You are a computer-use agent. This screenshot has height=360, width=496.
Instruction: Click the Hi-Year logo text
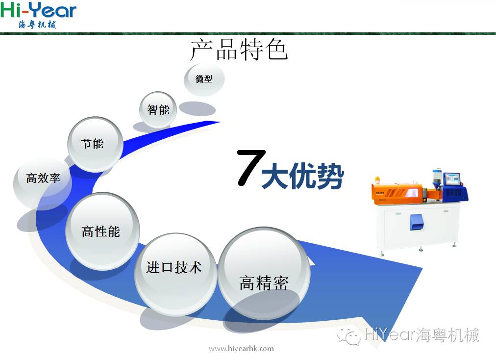[38, 10]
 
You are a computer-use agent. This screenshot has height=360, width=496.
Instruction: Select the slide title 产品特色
[239, 50]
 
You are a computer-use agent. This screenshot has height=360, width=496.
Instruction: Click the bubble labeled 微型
[204, 79]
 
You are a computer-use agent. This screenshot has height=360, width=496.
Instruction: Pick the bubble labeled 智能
[158, 110]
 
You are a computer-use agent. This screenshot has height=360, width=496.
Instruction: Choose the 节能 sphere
[95, 144]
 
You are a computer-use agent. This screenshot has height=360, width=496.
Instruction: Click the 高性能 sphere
[102, 231]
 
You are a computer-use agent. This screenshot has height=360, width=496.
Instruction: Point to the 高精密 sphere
[264, 274]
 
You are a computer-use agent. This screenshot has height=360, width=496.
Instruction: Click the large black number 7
[251, 168]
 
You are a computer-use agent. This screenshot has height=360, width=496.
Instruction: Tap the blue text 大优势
[302, 177]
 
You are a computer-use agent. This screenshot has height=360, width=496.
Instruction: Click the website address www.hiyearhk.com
[241, 349]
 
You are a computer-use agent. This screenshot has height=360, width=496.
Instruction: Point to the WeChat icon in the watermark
[348, 336]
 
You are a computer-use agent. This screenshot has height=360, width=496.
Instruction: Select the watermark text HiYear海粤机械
[422, 335]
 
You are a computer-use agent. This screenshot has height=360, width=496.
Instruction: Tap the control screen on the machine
[452, 180]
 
